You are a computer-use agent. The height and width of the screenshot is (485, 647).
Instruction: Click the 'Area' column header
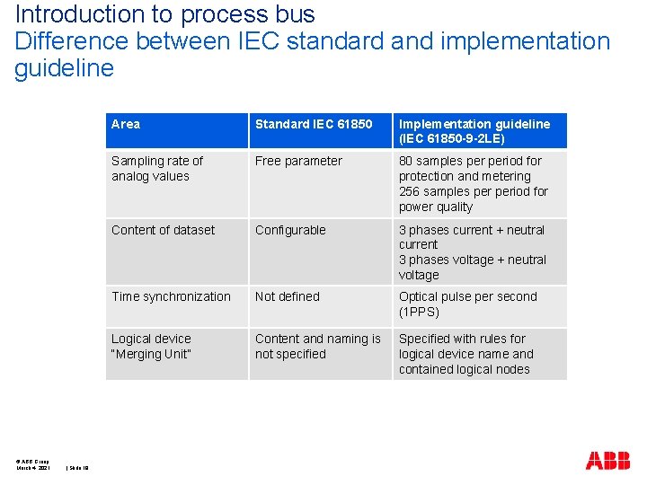pyautogui.click(x=126, y=124)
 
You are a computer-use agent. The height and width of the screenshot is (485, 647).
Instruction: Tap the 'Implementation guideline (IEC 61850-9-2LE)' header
pyautogui.click(x=474, y=131)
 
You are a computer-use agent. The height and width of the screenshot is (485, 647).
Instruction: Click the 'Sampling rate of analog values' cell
pyautogui.click(x=157, y=169)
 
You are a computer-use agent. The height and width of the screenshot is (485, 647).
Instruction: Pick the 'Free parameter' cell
pyautogui.click(x=298, y=161)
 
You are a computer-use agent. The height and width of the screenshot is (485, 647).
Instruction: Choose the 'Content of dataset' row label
pyautogui.click(x=163, y=230)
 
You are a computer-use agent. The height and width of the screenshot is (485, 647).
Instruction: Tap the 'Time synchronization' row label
pyautogui.click(x=171, y=296)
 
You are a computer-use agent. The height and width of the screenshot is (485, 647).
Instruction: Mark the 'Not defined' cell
pyautogui.click(x=287, y=296)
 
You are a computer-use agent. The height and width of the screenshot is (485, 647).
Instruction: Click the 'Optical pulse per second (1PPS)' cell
pyautogui.click(x=467, y=304)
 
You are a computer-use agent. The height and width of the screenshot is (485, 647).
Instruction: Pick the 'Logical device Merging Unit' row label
pyautogui.click(x=151, y=346)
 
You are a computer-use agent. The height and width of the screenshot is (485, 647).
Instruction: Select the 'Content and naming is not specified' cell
pyautogui.click(x=318, y=346)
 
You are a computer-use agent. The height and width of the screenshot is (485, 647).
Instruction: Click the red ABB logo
pyautogui.click(x=607, y=462)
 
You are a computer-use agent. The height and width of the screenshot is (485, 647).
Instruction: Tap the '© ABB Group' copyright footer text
pyautogui.click(x=32, y=459)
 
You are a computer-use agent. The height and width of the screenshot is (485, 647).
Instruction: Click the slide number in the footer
pyautogui.click(x=78, y=467)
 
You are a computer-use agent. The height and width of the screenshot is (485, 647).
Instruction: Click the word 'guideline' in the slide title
pyautogui.click(x=64, y=68)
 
